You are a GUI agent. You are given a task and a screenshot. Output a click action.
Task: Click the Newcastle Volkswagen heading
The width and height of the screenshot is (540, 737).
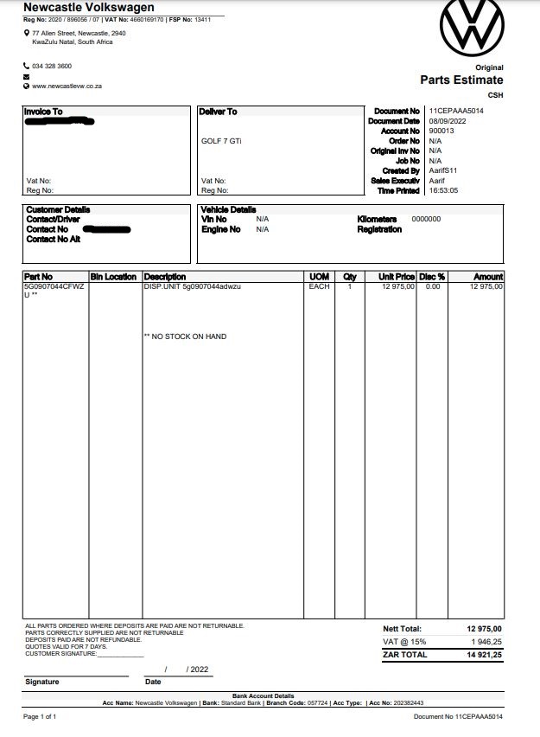[x=83, y=8]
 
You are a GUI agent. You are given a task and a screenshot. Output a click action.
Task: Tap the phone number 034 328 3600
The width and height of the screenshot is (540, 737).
[x=52, y=66]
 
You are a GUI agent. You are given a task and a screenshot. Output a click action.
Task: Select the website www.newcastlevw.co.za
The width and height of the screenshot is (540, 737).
[x=68, y=86]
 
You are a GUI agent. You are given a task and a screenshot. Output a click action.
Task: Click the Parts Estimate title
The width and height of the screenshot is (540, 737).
[x=461, y=80]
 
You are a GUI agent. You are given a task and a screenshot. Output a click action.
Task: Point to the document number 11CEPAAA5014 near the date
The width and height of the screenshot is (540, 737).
[x=455, y=112]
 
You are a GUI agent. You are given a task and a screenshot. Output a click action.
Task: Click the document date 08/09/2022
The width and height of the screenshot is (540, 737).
[x=447, y=122]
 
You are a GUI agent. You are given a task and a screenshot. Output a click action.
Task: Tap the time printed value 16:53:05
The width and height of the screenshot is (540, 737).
[x=443, y=190]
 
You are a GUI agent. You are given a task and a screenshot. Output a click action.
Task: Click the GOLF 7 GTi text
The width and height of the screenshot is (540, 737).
[x=221, y=140]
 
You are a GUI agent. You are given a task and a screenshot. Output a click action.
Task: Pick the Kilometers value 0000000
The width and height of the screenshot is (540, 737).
[x=426, y=219]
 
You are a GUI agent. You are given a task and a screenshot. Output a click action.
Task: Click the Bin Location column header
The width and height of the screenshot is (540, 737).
[x=113, y=277]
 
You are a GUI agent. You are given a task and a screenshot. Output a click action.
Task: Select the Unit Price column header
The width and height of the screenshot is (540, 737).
[x=397, y=277]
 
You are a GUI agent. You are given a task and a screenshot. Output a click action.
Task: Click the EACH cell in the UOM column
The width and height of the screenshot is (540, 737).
[x=319, y=286]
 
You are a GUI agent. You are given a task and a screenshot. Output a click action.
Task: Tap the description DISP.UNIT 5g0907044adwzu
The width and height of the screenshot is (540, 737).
[x=192, y=286]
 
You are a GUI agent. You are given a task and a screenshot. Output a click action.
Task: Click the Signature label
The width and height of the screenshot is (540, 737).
[x=42, y=682]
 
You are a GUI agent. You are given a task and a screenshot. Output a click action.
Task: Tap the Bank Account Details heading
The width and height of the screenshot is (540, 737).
[x=263, y=695]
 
